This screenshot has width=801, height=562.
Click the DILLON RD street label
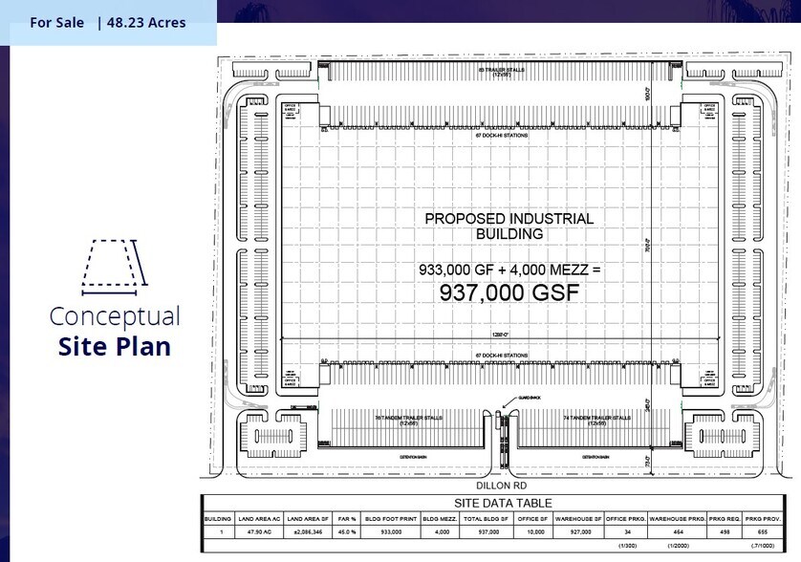(x=502, y=485)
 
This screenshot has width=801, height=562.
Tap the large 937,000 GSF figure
(x=509, y=292)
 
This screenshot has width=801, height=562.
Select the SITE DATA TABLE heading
(x=502, y=503)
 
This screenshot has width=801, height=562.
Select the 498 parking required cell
(x=723, y=531)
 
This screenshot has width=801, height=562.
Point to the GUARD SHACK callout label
(x=504, y=399)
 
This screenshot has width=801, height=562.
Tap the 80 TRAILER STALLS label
(x=502, y=71)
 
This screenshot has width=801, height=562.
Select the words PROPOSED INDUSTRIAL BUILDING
(x=509, y=226)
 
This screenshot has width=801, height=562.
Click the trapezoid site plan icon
(x=115, y=263)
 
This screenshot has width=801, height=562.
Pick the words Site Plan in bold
(x=115, y=345)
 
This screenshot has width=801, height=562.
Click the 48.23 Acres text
(x=147, y=22)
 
